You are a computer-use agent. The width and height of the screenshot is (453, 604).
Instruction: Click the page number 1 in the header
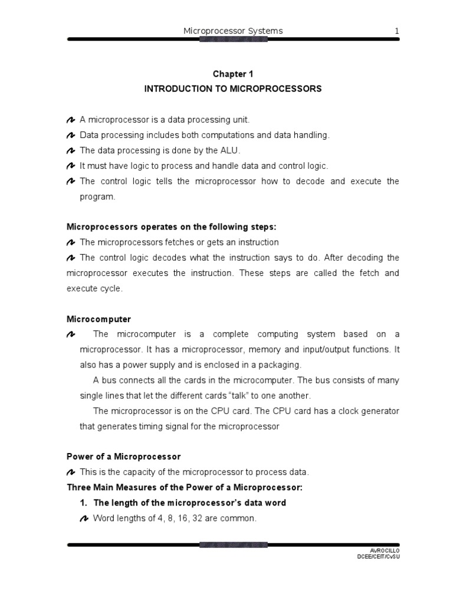pyautogui.click(x=397, y=31)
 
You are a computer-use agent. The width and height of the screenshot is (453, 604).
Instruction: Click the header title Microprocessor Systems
pyautogui.click(x=233, y=31)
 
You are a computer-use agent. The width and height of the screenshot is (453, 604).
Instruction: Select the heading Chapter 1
pyautogui.click(x=233, y=74)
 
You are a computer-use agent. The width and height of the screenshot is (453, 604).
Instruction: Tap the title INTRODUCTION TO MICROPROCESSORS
pyautogui.click(x=233, y=89)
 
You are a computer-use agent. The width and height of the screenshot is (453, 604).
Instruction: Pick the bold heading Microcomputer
pyautogui.click(x=99, y=319)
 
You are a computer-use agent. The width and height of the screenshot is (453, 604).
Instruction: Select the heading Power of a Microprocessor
pyautogui.click(x=123, y=457)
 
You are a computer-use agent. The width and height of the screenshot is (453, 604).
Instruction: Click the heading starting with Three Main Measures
pyautogui.click(x=184, y=488)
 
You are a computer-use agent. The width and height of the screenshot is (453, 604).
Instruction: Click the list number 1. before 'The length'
pyautogui.click(x=84, y=503)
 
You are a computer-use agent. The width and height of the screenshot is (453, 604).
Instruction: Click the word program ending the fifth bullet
pyautogui.click(x=97, y=196)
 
